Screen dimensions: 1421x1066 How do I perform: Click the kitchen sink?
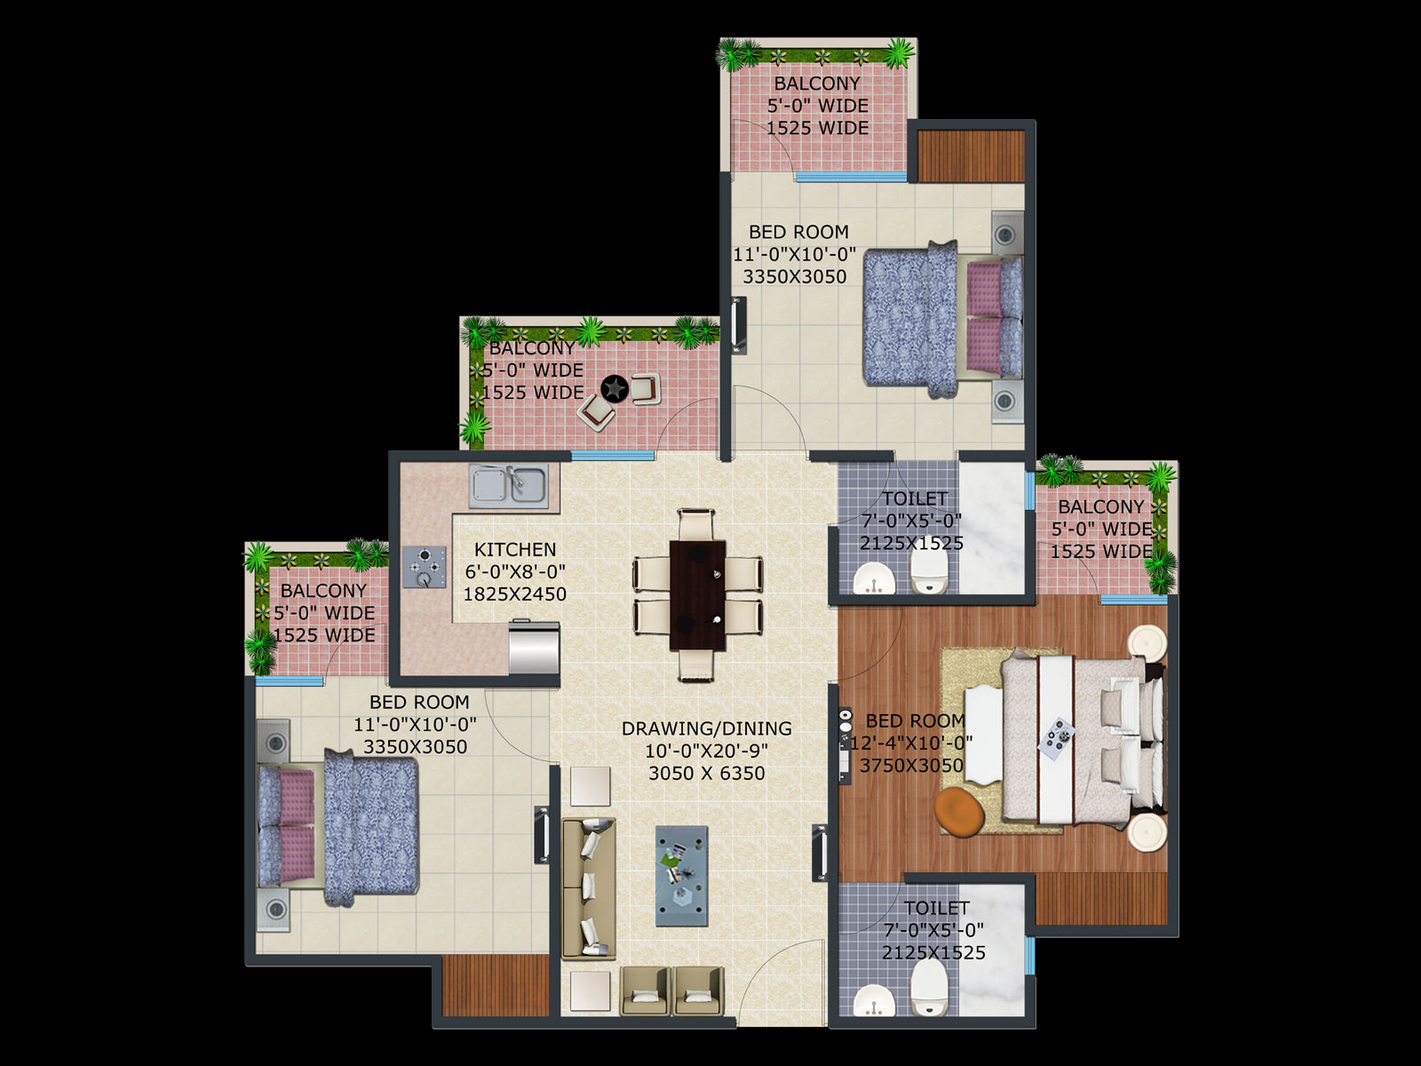point(509,485)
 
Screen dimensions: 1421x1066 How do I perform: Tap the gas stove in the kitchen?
point(425,567)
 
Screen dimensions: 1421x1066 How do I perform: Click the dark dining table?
point(697,595)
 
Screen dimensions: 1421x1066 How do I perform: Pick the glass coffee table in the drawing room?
point(682,876)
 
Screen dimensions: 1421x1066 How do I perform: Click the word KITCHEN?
point(515,550)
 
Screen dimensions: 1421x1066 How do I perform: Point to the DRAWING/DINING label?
point(706,728)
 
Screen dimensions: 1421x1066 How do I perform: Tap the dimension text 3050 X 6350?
point(706,773)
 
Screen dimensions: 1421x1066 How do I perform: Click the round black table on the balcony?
point(615,388)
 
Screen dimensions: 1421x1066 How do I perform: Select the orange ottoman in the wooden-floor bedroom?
point(959,812)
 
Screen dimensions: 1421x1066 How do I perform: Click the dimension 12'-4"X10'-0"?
point(911,743)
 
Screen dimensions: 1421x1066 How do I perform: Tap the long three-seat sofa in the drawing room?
point(589,888)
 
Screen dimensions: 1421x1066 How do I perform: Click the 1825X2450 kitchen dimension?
point(514,594)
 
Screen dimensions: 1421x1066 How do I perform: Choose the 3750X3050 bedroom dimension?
point(911,766)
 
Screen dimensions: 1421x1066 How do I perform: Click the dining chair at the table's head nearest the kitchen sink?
point(696,524)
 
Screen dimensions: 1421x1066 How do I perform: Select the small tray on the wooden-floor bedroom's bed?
point(1057,736)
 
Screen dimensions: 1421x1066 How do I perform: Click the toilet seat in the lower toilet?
point(929,988)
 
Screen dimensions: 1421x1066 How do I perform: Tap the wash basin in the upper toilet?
point(874,577)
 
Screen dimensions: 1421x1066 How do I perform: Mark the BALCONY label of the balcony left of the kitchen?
point(323,590)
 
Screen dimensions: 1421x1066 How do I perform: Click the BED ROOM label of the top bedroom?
point(798,232)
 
